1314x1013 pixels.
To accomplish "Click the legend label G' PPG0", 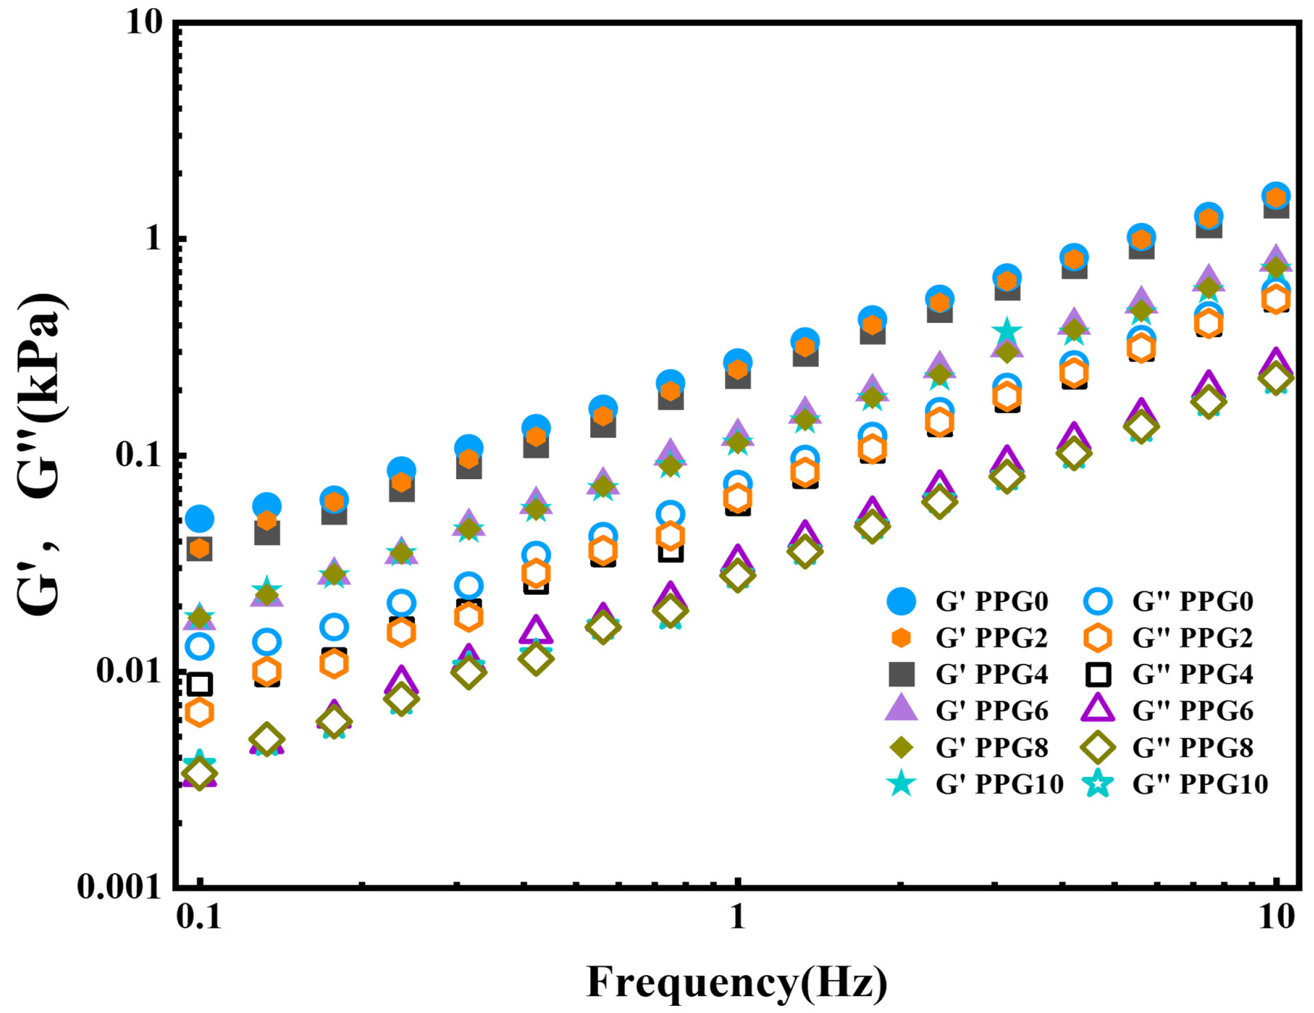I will click(992, 601).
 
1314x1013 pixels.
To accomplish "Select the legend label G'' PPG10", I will click(1200, 784).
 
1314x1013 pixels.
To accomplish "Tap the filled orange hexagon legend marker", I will click(901, 638).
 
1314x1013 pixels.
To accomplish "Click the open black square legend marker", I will click(1097, 675).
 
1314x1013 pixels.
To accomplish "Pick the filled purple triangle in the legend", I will click(901, 709).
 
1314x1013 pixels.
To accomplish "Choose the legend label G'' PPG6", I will click(1192, 711).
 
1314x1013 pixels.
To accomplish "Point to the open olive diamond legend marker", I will click(1097, 748).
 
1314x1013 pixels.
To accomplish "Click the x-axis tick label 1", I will click(738, 918).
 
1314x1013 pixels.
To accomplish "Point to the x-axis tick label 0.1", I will click(199, 918).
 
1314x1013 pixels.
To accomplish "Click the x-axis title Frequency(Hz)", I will click(737, 982).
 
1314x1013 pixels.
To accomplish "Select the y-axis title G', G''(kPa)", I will click(42, 454).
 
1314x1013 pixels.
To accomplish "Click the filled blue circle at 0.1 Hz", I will click(199, 518).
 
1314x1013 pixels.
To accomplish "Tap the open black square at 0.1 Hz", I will click(199, 684).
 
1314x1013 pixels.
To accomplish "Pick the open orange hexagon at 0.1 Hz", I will click(199, 713).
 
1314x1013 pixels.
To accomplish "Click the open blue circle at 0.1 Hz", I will click(199, 647).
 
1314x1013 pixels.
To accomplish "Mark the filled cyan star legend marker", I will click(901, 784).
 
